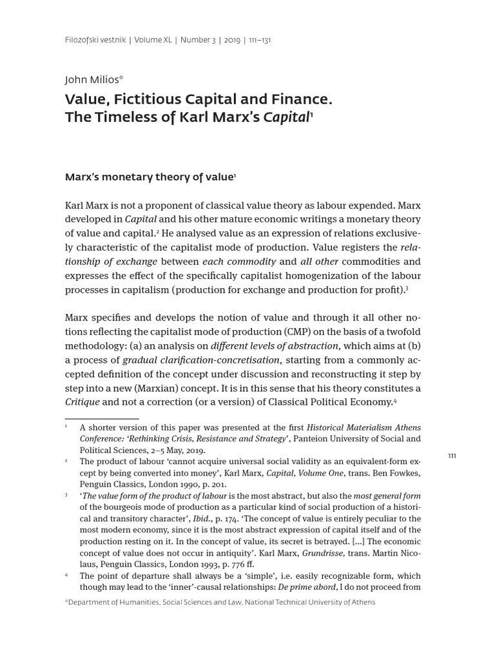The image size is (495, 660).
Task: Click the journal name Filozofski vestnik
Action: point(95,40)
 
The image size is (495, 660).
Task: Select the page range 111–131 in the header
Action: point(258,40)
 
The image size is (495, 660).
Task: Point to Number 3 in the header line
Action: point(199,40)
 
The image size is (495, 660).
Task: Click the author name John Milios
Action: point(92,80)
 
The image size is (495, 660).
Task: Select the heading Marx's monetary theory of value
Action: point(149,177)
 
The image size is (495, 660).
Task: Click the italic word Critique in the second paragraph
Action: point(82,402)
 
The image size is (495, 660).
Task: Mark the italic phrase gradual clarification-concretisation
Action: point(201,360)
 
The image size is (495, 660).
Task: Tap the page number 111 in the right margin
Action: point(452,456)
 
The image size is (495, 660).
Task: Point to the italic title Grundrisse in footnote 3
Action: point(323,553)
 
